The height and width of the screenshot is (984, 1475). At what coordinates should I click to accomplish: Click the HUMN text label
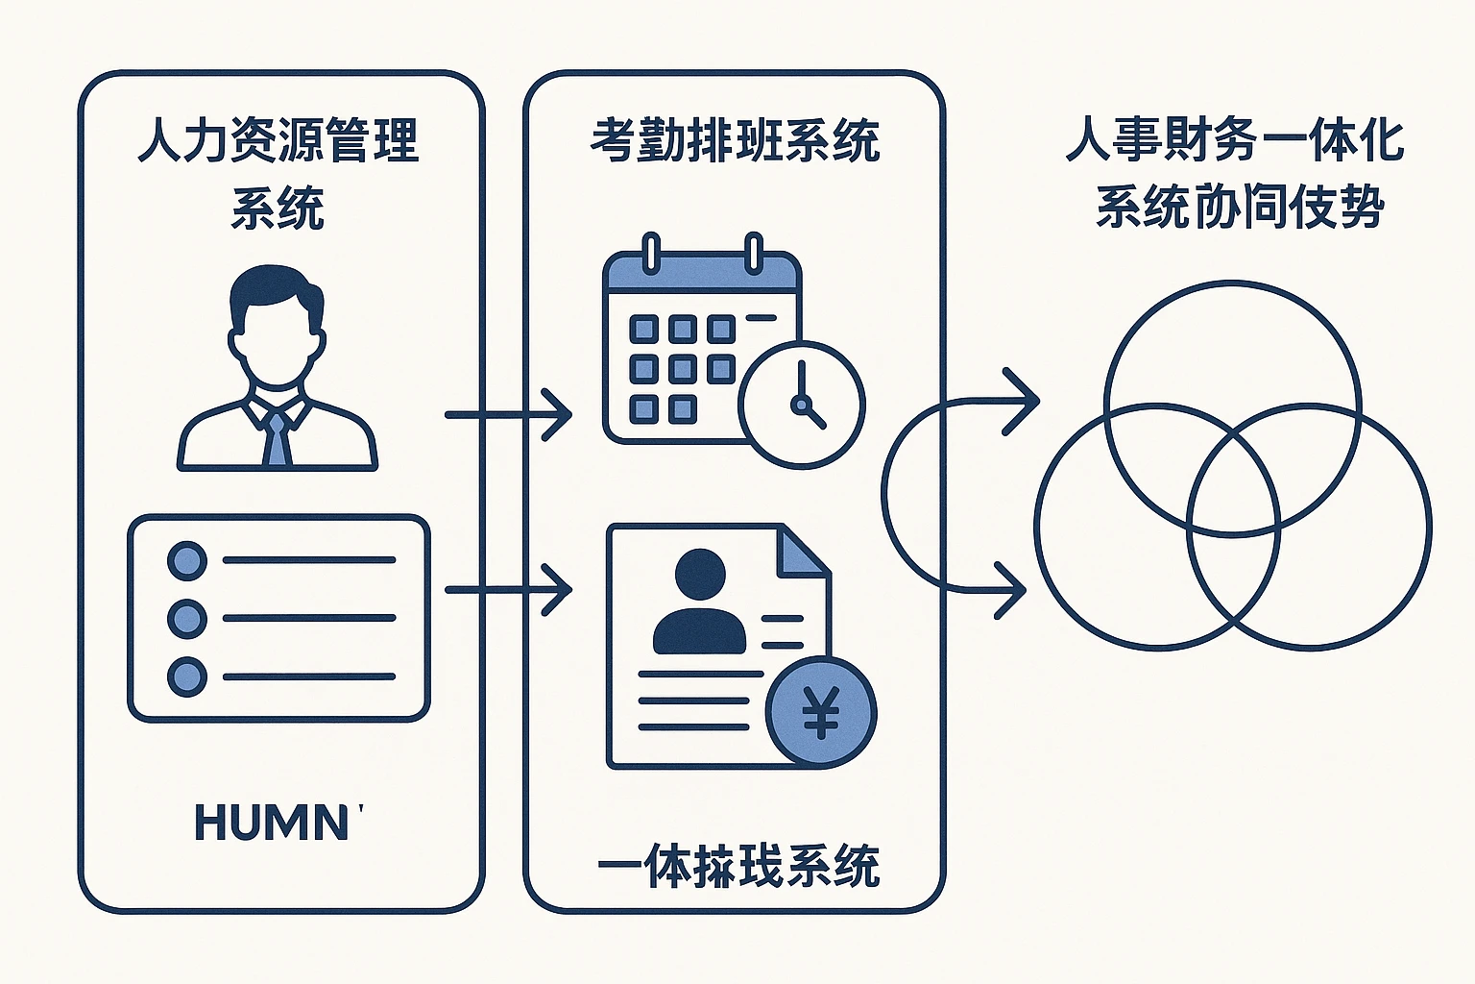[273, 824]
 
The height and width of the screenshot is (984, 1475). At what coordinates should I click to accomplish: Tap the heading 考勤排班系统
[735, 140]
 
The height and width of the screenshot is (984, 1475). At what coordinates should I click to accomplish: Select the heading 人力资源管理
[278, 140]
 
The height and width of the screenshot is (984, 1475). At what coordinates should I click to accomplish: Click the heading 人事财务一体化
[1235, 140]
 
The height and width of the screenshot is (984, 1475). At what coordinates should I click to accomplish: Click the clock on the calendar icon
[802, 405]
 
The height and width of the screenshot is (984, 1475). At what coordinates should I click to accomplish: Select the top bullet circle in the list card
[187, 560]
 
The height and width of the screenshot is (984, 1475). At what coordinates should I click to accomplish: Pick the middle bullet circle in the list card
[187, 619]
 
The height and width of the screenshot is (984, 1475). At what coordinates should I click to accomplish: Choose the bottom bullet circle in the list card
[187, 677]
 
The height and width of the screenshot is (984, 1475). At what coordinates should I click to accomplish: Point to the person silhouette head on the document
[700, 574]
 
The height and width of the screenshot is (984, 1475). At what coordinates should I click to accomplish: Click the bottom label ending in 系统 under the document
[737, 865]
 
